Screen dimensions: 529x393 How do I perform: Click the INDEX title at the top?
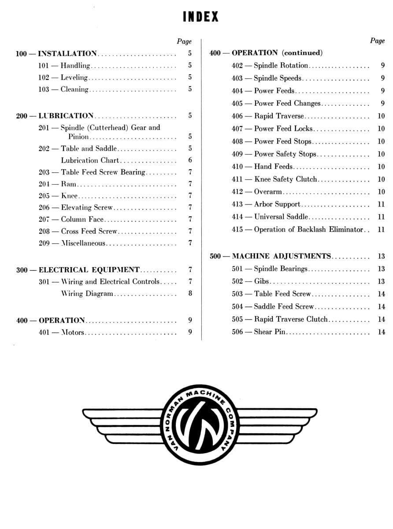(x=200, y=17)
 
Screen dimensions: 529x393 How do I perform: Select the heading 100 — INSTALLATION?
(x=56, y=54)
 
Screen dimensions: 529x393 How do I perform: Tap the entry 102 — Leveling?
(x=63, y=78)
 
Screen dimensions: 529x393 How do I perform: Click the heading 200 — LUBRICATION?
(x=55, y=116)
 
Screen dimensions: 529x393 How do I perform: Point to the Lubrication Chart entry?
(x=90, y=160)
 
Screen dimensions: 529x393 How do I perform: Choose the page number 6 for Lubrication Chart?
(x=190, y=160)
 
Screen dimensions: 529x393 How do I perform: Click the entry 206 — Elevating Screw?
(x=75, y=208)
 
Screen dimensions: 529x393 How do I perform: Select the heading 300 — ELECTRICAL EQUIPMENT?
(x=78, y=270)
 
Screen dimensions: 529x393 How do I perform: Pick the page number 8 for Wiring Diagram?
(x=190, y=294)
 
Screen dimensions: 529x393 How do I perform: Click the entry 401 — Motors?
(x=61, y=332)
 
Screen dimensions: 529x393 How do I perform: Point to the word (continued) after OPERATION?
(x=302, y=53)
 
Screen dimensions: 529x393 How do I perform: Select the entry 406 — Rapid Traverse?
(x=268, y=116)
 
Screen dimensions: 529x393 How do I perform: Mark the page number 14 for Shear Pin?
(x=381, y=332)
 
